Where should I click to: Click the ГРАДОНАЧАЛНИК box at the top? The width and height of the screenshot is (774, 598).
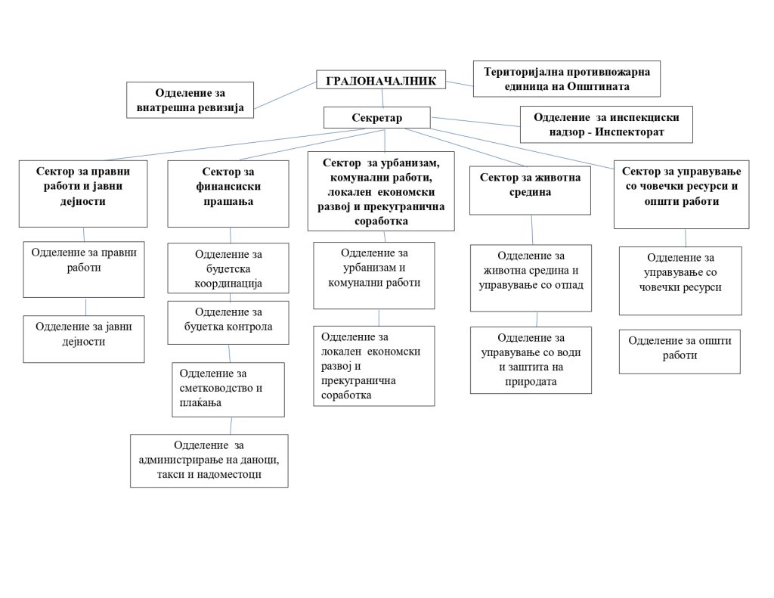[381, 79]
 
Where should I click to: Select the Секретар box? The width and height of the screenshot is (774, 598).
[377, 117]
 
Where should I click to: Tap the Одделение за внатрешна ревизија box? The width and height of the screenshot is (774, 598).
[190, 101]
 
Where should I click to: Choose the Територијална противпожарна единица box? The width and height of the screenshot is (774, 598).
[567, 79]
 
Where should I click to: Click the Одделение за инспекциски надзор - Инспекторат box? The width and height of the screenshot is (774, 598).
[606, 125]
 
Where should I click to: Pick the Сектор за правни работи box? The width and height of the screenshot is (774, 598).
[83, 194]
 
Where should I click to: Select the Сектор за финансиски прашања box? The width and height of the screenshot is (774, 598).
[228, 194]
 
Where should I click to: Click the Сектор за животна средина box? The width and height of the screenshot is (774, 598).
[530, 191]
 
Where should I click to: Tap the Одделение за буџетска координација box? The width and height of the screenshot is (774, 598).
[228, 268]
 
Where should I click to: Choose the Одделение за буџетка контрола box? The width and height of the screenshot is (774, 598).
[228, 323]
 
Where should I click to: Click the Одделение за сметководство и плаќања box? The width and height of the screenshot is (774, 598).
[228, 389]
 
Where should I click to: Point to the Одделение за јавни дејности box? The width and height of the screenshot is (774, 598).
[84, 339]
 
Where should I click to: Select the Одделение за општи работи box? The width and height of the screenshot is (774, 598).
[680, 352]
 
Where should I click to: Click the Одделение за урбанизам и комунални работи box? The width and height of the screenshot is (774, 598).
[374, 275]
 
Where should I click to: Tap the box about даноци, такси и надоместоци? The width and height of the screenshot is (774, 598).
[209, 460]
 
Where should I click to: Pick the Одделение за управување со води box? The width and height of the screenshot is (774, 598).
[531, 360]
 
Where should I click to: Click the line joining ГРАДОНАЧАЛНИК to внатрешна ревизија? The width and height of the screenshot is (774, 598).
[285, 95]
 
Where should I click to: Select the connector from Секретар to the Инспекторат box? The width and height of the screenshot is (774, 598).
[475, 122]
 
